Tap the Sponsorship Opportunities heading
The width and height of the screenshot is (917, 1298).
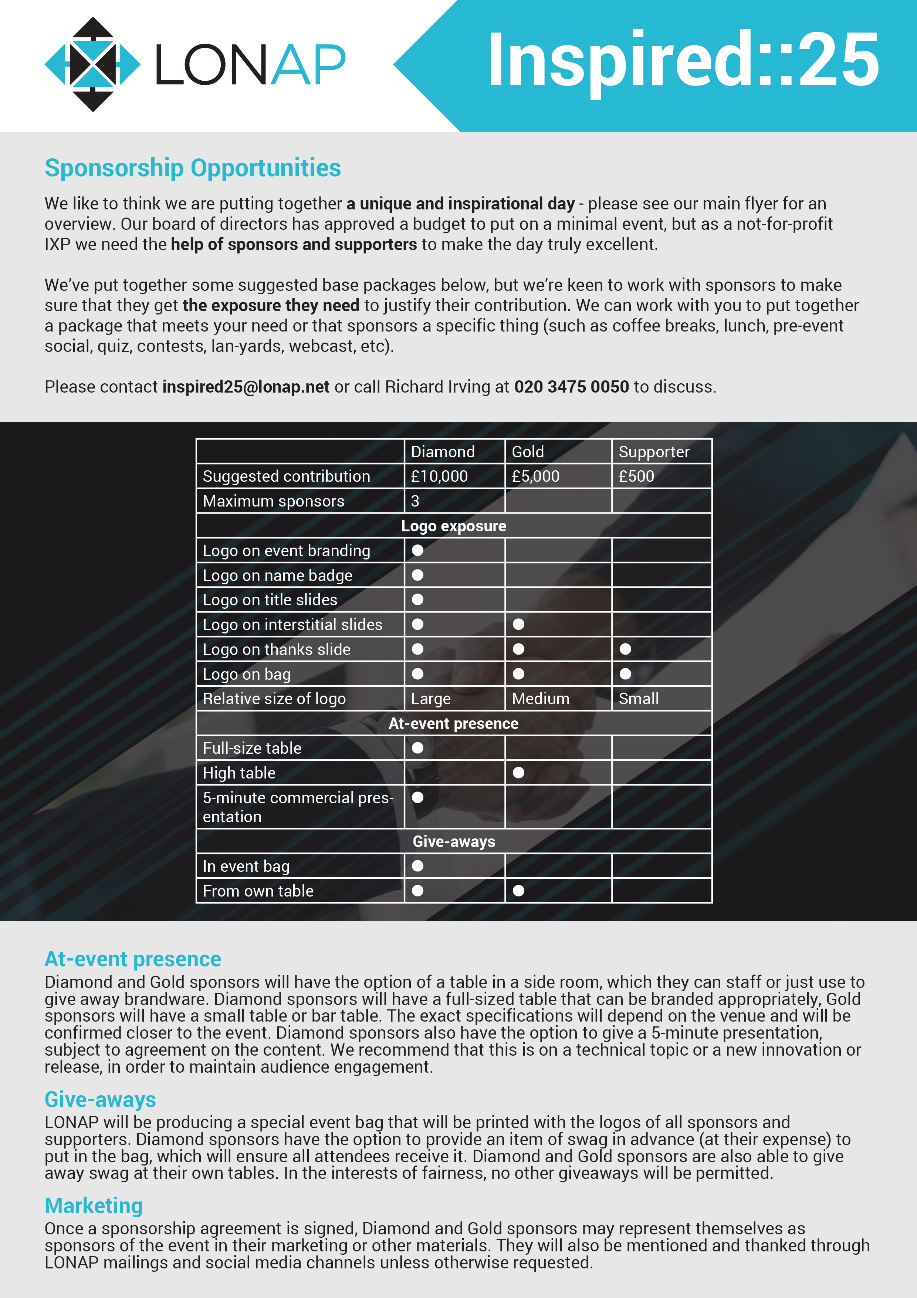(x=193, y=168)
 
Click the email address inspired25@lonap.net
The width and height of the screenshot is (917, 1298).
(x=246, y=387)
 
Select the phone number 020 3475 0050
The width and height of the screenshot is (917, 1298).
(x=571, y=387)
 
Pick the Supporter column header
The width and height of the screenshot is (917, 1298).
(x=654, y=452)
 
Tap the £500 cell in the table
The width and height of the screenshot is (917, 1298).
(x=636, y=476)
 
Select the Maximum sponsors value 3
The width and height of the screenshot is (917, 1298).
(x=415, y=501)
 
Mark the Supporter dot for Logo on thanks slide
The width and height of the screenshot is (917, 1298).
(x=625, y=649)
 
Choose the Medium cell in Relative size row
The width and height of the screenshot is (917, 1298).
(x=540, y=699)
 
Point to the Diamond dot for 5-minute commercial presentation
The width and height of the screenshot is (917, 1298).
(x=417, y=797)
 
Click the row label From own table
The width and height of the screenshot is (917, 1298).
(x=258, y=891)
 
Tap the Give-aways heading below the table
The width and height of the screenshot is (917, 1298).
(x=100, y=1100)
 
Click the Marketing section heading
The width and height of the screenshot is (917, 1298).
(x=93, y=1206)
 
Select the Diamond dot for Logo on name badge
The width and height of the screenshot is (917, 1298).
(x=417, y=575)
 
